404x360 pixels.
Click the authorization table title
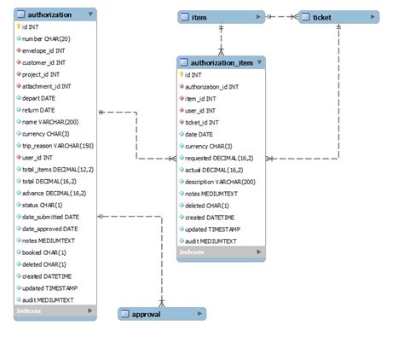click(x=48, y=15)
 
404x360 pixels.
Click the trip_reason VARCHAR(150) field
click(x=59, y=146)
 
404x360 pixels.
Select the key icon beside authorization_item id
click(x=182, y=74)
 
